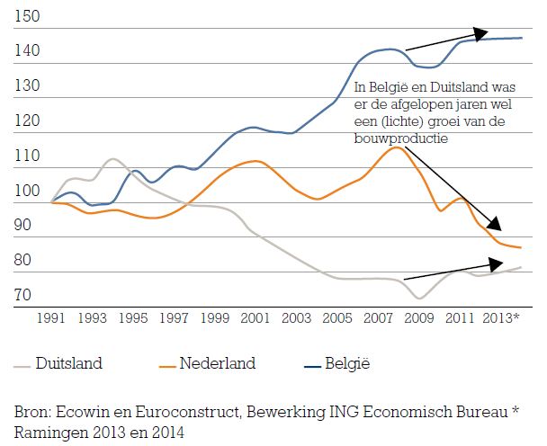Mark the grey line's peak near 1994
click(112, 158)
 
